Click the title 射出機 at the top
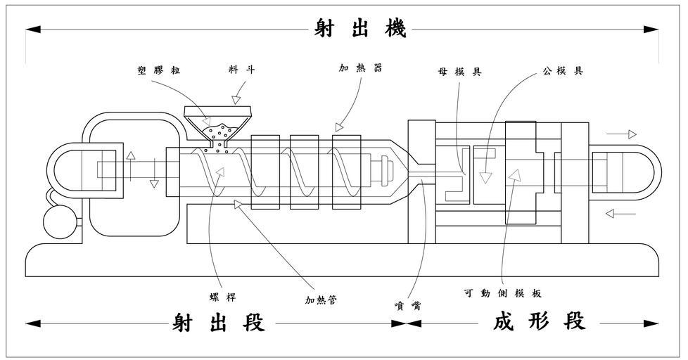359,30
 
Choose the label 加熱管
321,300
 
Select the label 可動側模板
502,293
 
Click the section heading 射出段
219,323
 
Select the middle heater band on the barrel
304,172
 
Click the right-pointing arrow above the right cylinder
623,134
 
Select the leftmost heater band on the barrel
265,172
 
